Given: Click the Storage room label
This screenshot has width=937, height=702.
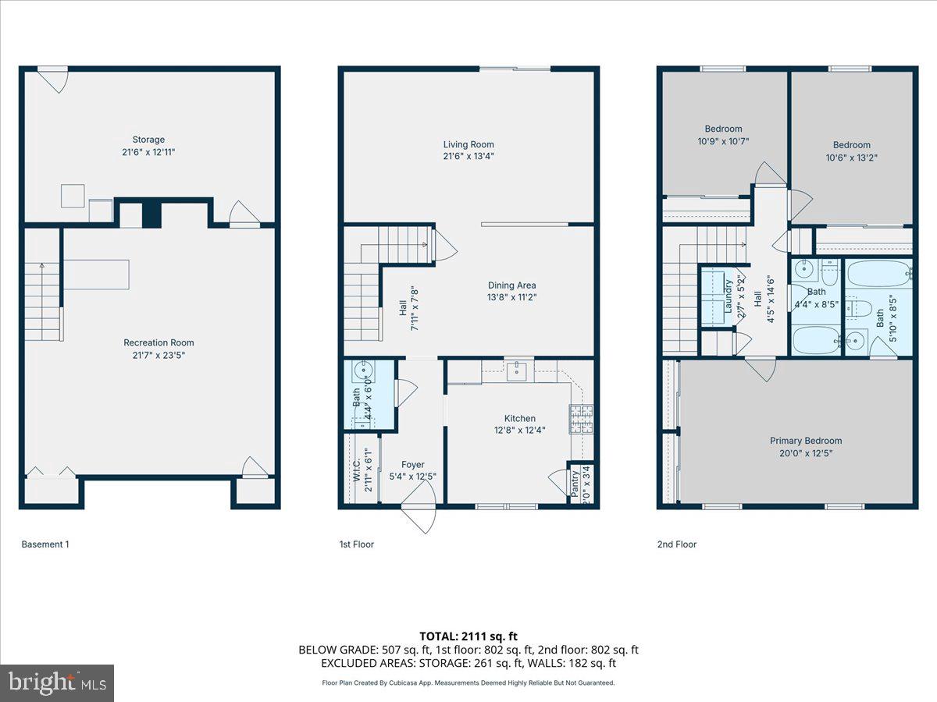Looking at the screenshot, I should coord(148,140).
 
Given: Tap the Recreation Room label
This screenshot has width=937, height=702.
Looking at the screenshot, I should coord(159,342).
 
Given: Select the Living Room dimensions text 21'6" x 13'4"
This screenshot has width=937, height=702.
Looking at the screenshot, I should coord(468,156).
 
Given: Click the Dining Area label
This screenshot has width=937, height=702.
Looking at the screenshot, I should coord(511,285).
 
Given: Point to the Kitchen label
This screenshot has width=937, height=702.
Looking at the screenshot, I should coord(519,418).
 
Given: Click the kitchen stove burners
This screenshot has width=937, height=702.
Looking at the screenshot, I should coord(581,419).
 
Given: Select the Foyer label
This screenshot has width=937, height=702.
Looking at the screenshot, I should coord(412,465).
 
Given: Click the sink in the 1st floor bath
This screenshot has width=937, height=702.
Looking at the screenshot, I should coord(362,370).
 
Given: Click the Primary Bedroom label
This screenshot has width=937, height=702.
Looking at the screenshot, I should coord(805,441).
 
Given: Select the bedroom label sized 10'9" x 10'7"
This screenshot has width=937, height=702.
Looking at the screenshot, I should coord(724,129).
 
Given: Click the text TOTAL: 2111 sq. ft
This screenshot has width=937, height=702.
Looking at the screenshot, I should coord(468,636).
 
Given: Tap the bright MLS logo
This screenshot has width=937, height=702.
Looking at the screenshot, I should coord(57,683).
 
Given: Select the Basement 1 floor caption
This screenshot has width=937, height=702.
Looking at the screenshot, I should coord(45,544).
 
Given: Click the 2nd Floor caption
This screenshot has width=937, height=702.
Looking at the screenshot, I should coord(676,544).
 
